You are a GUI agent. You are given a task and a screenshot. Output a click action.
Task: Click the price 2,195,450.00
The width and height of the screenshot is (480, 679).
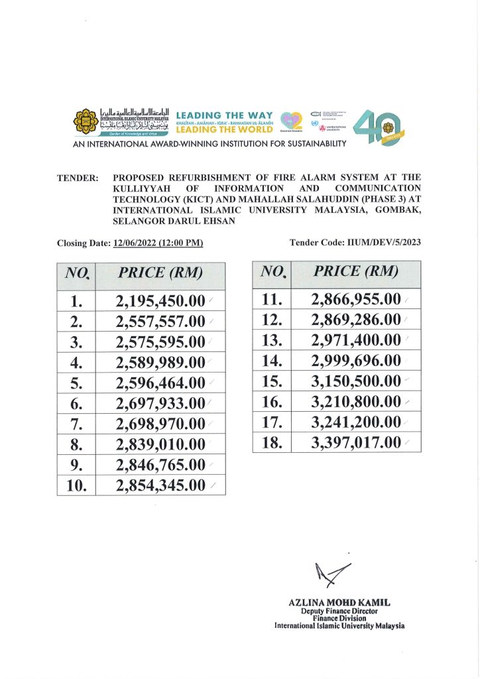160,302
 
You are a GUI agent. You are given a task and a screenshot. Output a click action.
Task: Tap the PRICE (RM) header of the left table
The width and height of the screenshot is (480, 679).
160,273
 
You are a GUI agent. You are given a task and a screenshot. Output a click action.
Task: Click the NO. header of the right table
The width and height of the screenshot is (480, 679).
272,271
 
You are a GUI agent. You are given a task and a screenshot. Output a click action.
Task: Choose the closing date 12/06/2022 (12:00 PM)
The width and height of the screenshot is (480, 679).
158,243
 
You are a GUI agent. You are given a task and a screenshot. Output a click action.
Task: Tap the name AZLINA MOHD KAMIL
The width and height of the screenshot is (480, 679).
339,602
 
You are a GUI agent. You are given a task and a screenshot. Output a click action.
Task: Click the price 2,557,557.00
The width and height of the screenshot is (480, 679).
160,322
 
